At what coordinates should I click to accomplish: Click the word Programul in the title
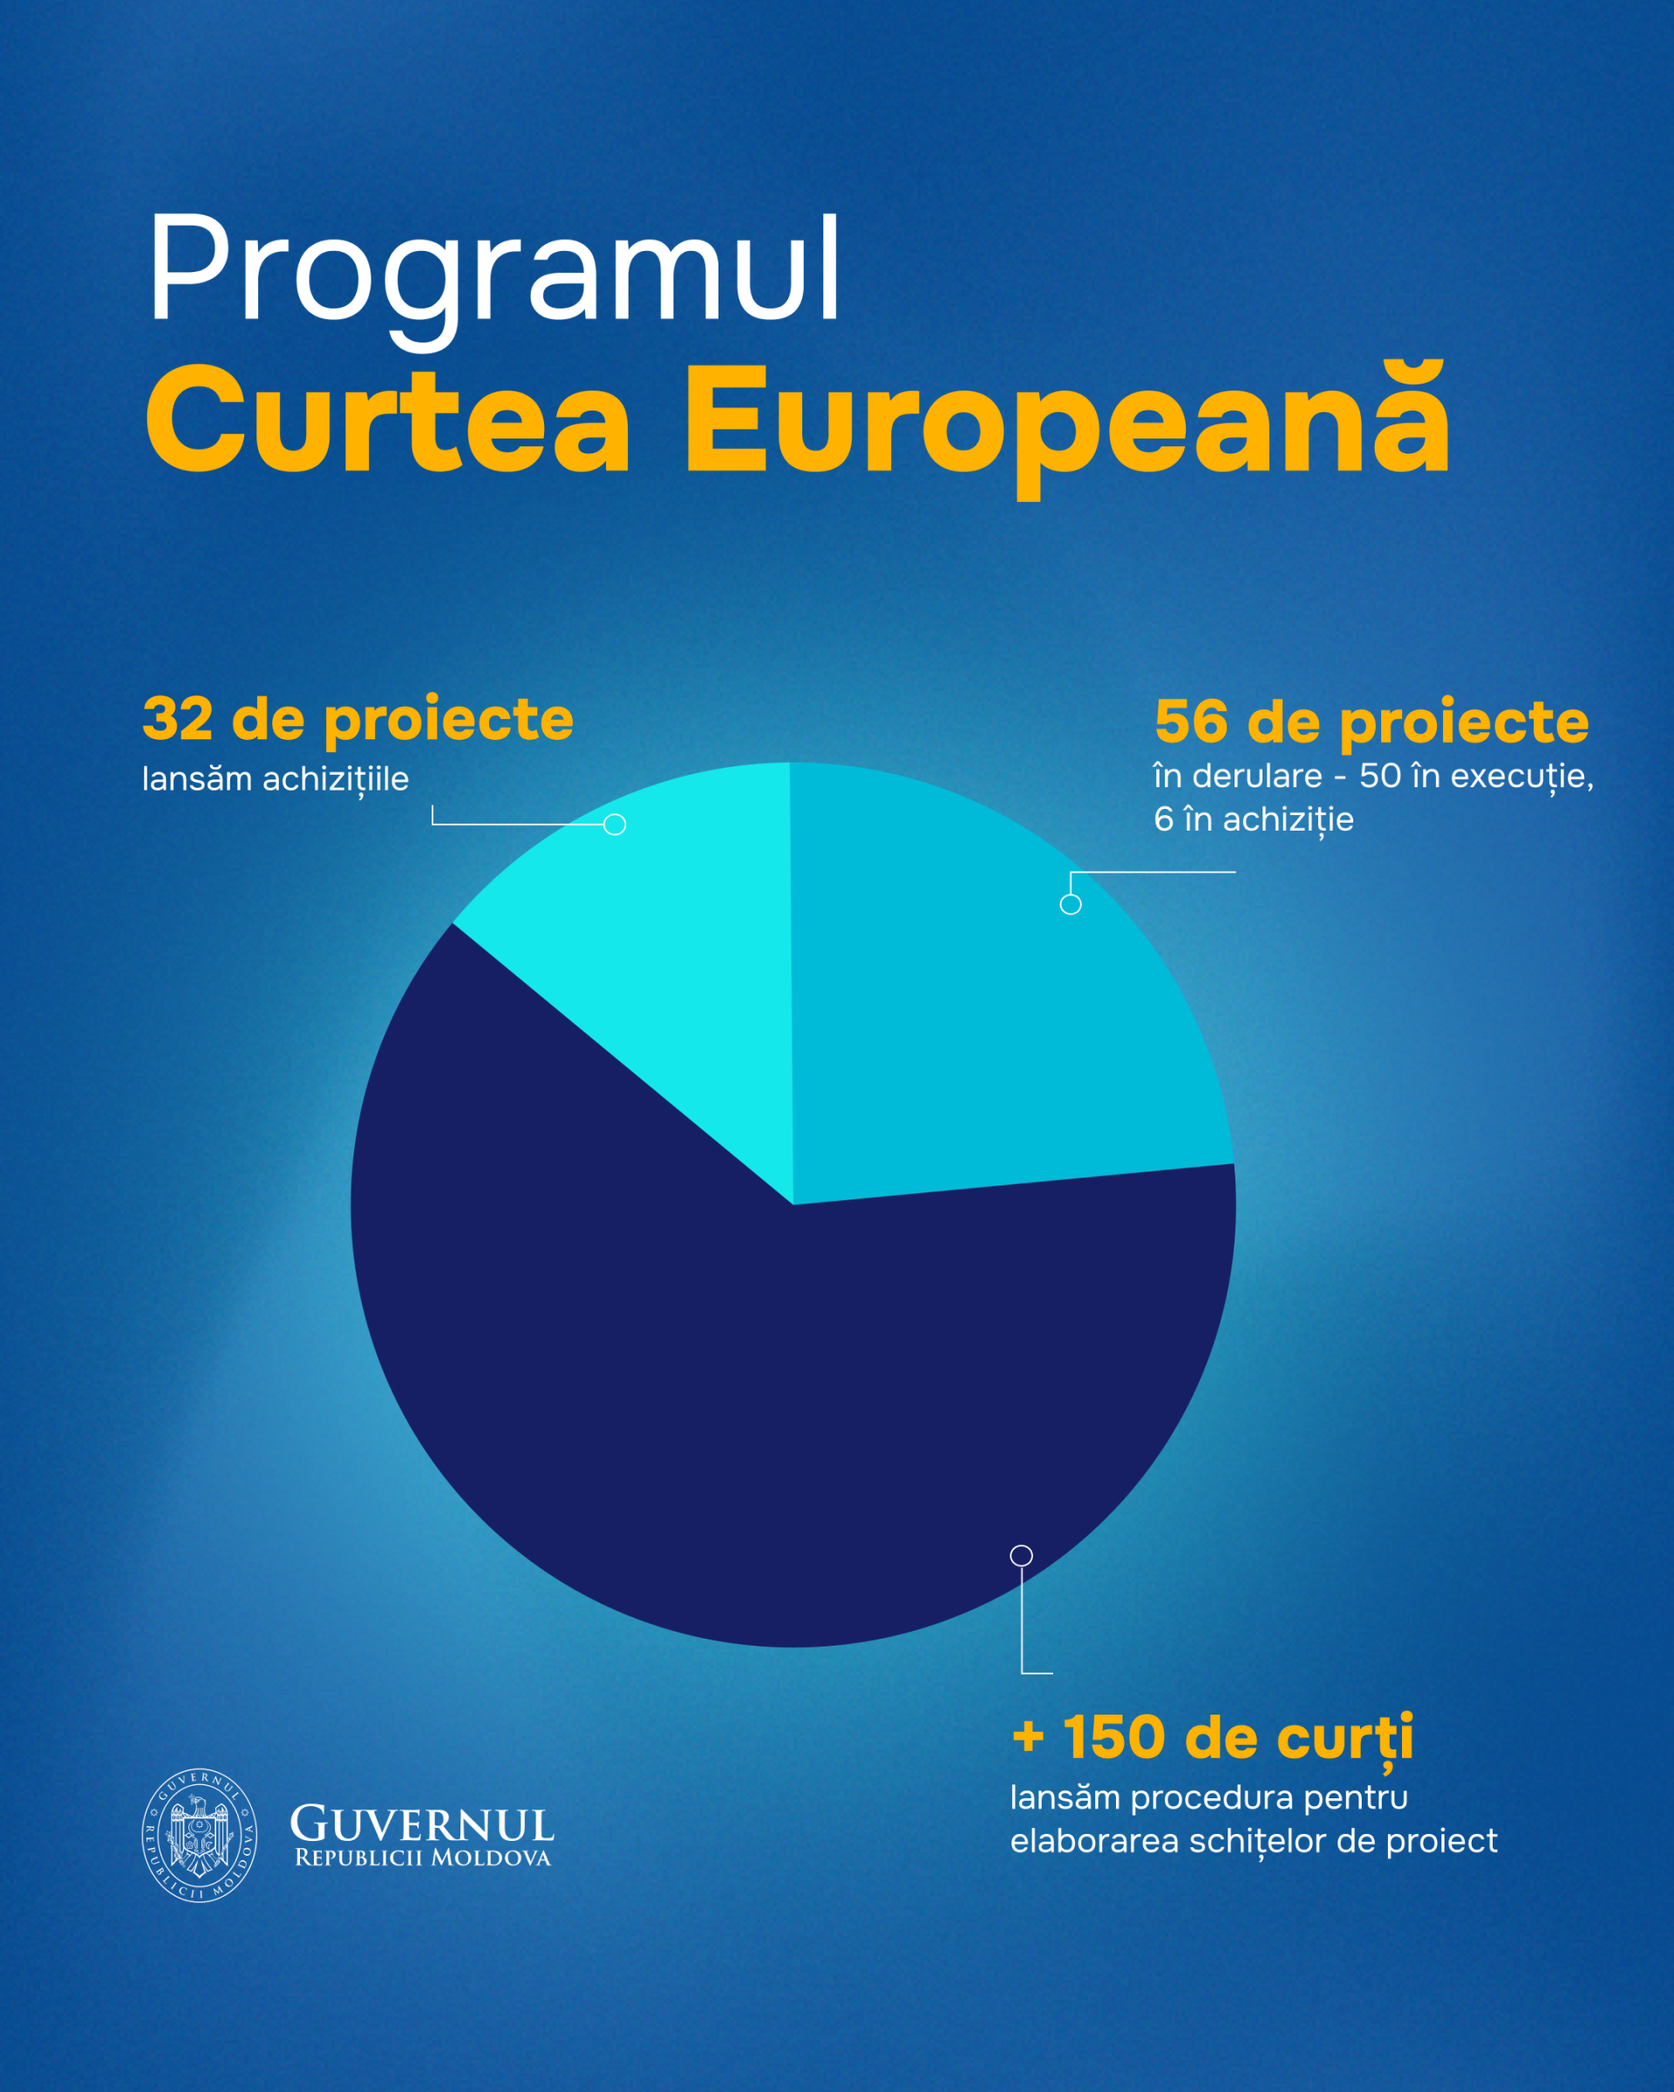(493, 269)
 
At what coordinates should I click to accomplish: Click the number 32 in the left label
(178, 720)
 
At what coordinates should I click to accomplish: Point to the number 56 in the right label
(1191, 723)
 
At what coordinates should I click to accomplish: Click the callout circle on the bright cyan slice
(615, 825)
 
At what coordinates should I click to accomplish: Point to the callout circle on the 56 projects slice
(1071, 904)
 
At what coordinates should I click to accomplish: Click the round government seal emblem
(200, 1835)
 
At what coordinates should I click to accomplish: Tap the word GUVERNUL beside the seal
(422, 1824)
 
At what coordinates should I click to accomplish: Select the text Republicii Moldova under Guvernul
(422, 1858)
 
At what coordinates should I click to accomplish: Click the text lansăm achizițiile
(276, 779)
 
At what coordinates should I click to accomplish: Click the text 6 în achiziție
(1254, 820)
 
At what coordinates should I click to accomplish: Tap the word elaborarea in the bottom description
(1093, 1842)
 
